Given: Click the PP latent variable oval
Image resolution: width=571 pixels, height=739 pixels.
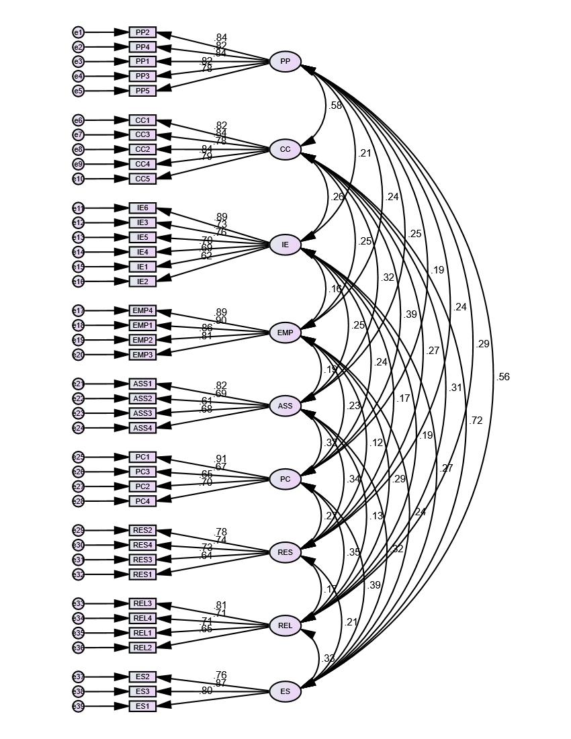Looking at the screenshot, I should point(285,62).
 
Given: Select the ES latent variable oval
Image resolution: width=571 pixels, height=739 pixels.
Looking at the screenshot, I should point(285,691).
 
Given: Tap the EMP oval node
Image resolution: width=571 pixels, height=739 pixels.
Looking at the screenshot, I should point(285,333).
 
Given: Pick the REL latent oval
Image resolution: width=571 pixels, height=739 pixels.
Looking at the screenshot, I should point(285,626).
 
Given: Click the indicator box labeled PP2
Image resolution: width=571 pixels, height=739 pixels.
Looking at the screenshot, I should point(142,32).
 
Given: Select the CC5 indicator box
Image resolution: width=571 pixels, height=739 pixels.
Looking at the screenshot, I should point(142,179).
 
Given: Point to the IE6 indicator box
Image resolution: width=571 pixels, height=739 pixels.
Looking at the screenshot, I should point(142,208).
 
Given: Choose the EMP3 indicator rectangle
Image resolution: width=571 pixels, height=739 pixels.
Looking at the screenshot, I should point(142,355).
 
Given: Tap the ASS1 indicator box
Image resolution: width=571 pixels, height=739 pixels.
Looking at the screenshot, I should point(142,384).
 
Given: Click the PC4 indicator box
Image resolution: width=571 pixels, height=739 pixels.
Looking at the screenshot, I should point(142,501).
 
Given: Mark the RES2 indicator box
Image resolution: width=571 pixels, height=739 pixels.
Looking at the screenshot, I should point(142,531).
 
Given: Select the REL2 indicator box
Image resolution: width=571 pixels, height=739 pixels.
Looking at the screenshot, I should point(142,648).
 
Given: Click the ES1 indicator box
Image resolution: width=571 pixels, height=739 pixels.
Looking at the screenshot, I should point(142,706).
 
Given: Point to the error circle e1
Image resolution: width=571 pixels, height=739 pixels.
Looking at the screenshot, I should point(79,32).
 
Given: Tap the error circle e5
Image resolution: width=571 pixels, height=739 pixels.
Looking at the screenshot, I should point(79,91).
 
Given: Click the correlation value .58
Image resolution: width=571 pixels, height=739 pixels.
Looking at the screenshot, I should point(336,105).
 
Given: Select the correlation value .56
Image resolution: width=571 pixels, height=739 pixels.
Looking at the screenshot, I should point(503,377).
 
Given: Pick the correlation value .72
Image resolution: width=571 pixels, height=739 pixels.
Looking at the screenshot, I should point(476,421).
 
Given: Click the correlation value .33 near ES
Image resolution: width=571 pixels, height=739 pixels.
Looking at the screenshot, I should point(328,658).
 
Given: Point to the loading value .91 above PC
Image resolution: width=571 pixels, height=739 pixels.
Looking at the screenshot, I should point(221,460).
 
